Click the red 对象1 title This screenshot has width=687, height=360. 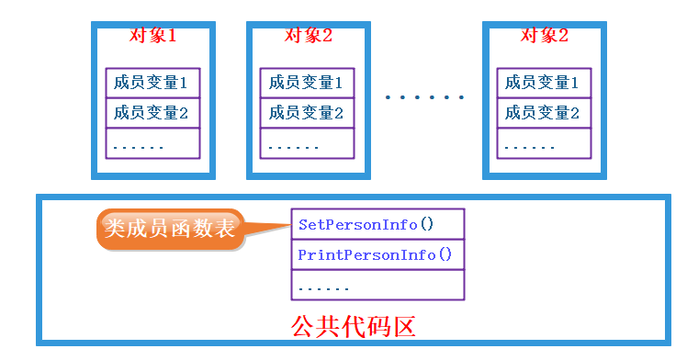click(x=152, y=36)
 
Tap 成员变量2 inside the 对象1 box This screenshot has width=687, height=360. click(x=152, y=113)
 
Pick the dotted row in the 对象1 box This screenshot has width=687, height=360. click(x=152, y=144)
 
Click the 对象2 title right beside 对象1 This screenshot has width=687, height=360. click(x=308, y=36)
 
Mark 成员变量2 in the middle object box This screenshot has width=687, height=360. click(x=306, y=113)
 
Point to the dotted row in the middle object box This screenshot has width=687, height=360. click(x=306, y=144)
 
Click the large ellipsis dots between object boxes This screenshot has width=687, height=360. click(x=425, y=96)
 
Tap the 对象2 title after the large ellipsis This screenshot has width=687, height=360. click(x=545, y=36)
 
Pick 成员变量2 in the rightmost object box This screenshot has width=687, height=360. click(x=543, y=113)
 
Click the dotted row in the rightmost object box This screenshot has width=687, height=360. click(x=543, y=144)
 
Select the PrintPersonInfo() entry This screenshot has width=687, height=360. click(x=377, y=254)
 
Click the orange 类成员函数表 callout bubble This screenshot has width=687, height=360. click(x=171, y=229)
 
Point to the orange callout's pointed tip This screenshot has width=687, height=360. click(x=287, y=221)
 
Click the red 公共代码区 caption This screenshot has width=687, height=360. click(x=355, y=325)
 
